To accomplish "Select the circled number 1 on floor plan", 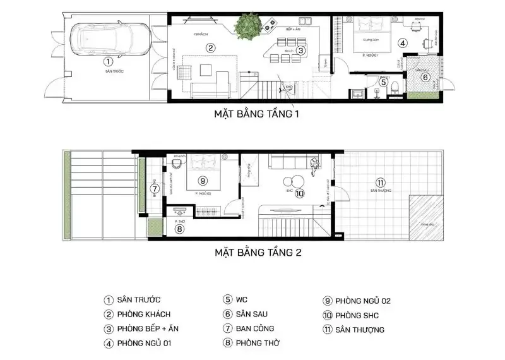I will [108, 61].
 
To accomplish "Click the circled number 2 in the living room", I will [211, 47].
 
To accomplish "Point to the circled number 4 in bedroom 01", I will [402, 43].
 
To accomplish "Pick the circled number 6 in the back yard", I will [425, 77].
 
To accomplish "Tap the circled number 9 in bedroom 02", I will [203, 180].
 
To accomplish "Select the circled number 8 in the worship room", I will [179, 229].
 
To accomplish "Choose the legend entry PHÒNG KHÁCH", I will [143, 314].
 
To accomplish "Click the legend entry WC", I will [242, 300].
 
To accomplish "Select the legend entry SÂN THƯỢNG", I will [360, 329].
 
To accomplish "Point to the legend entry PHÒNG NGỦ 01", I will [147, 344].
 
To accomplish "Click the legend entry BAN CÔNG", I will [255, 328].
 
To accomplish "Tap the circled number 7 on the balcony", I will [155, 188].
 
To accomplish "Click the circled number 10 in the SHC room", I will [299, 193].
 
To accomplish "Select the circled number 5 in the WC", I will [383, 81].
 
